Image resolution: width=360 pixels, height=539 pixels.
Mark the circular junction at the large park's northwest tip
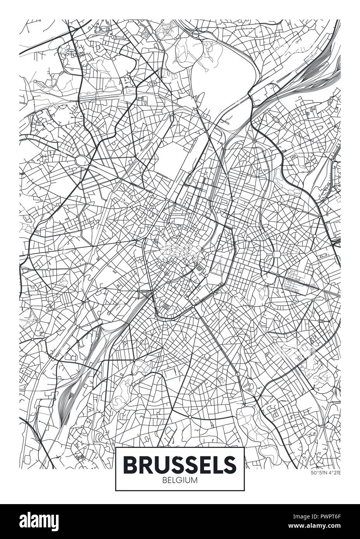196,34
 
